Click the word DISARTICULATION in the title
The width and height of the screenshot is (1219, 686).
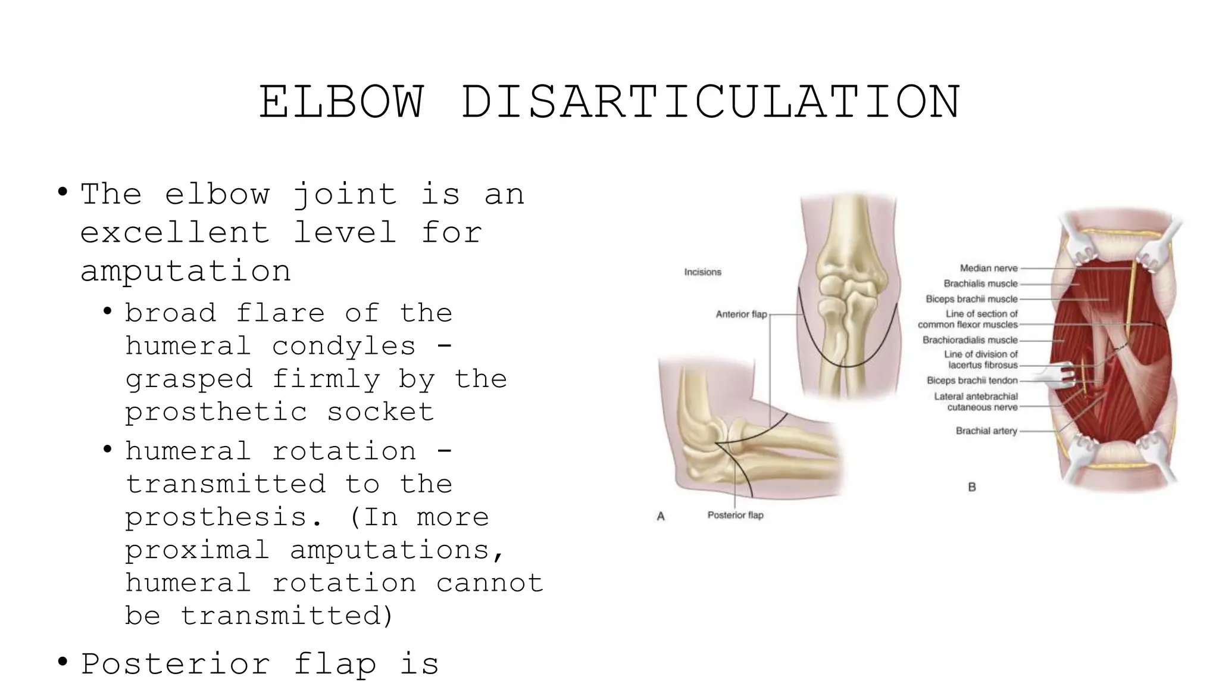711,102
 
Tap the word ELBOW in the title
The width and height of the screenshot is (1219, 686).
342,102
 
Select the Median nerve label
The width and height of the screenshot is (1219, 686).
989,269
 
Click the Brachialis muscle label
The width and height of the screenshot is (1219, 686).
980,284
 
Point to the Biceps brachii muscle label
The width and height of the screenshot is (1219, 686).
971,300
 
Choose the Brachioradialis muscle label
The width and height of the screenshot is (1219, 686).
970,341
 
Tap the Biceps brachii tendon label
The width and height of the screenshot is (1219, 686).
972,381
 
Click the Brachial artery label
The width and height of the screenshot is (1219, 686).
986,431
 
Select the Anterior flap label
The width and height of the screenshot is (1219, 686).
741,314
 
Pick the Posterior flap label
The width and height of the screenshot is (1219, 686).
735,516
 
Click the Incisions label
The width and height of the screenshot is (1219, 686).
702,272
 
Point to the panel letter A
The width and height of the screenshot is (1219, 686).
661,517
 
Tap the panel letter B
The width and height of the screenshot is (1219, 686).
972,487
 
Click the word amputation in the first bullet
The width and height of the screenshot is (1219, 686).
186,272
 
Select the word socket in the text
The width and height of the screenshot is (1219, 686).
380,412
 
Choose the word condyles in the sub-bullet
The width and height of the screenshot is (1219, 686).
343,346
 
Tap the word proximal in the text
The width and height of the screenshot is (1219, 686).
197,550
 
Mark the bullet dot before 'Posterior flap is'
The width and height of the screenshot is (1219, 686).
62,662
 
